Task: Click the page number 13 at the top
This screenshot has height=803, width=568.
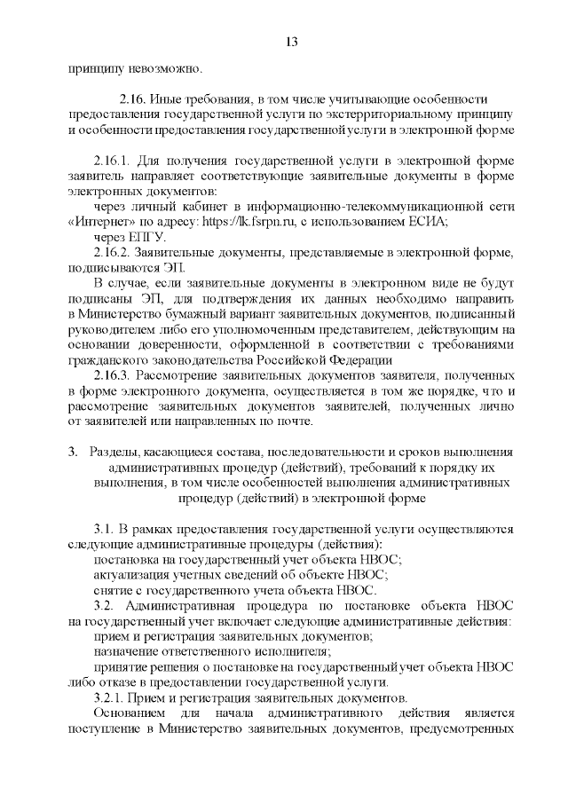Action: (292, 43)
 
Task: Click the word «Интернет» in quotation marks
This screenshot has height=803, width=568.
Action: (102, 222)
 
